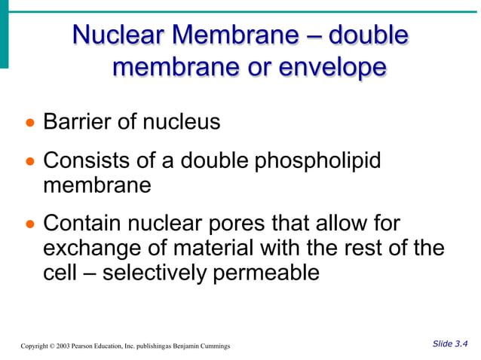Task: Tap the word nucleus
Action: [x=182, y=121]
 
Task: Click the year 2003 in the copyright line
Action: [x=61, y=346]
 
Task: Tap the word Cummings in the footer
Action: [x=215, y=346]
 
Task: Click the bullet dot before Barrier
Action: [x=29, y=123]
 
